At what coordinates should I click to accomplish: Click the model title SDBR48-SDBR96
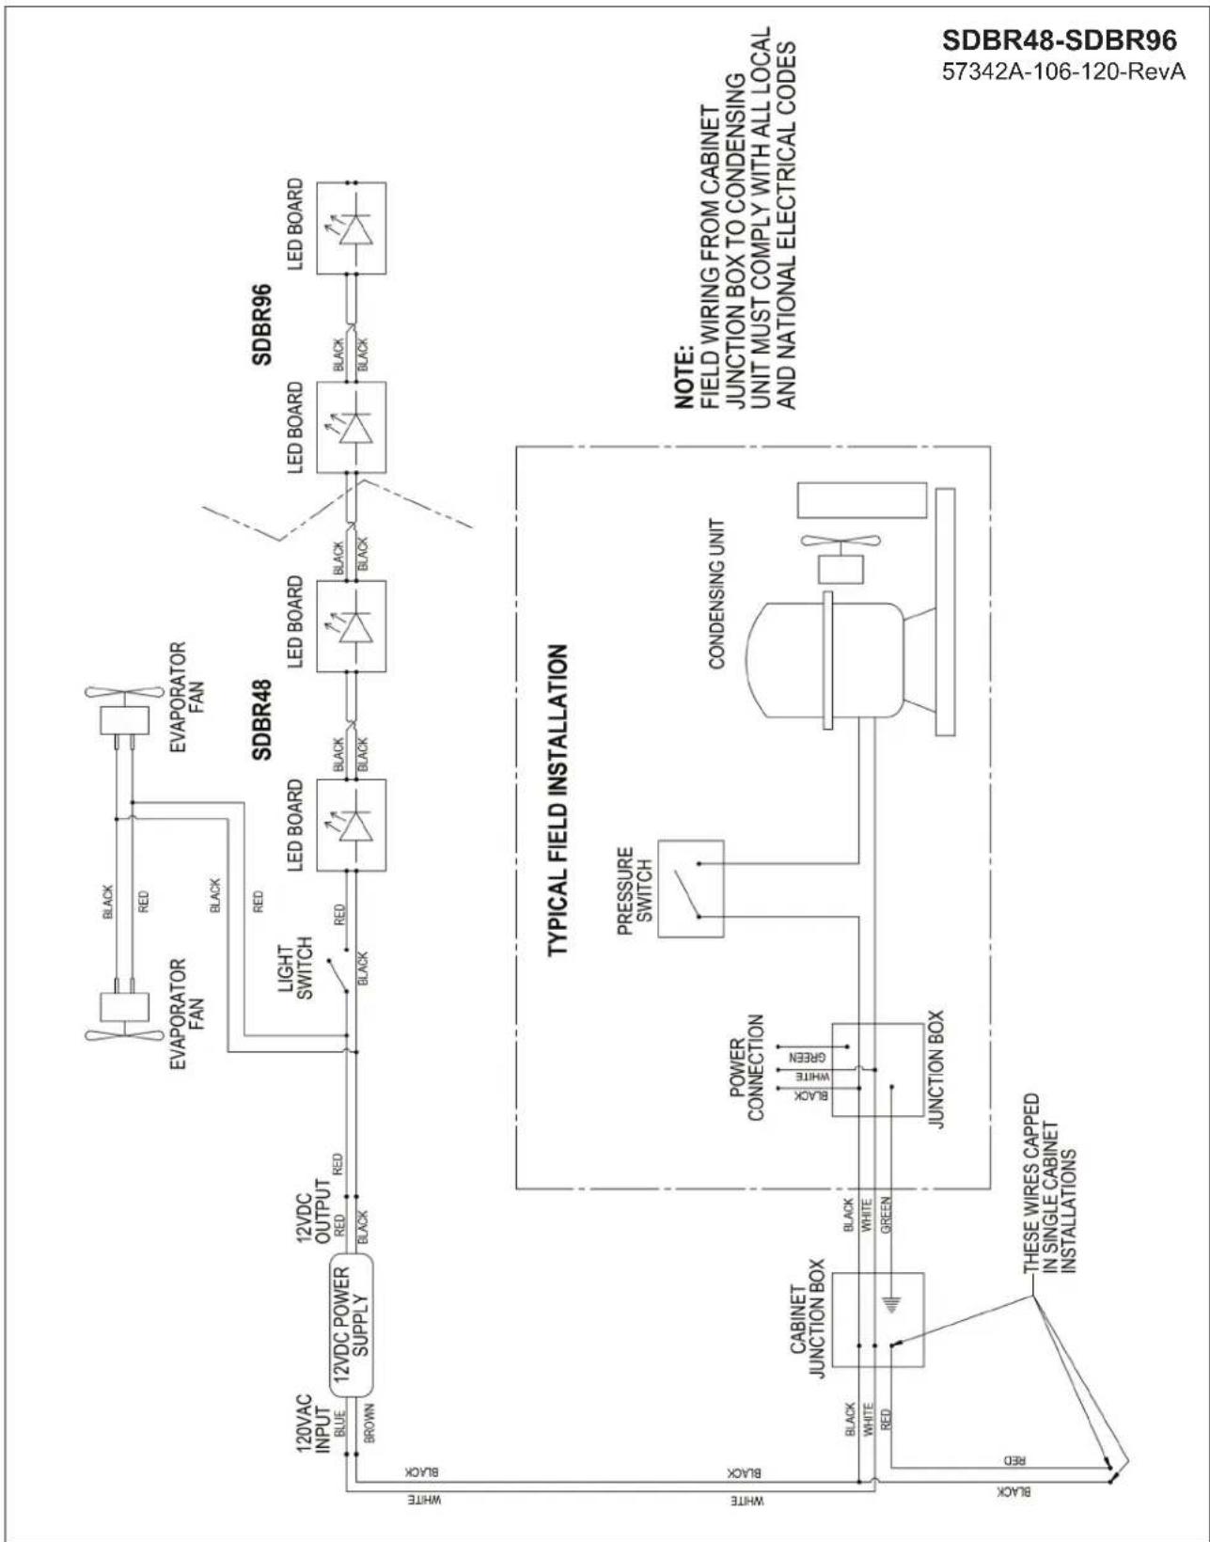(1059, 41)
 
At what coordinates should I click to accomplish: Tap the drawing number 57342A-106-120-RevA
(1063, 72)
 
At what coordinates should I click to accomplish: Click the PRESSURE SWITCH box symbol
(691, 889)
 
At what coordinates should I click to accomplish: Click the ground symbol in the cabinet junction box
(891, 1303)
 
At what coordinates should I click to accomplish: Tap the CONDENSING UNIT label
(717, 594)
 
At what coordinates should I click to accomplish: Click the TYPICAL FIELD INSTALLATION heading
(558, 801)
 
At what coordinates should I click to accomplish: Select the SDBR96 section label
(261, 324)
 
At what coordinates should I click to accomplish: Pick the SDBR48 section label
(261, 719)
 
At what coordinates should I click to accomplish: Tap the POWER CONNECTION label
(746, 1067)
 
